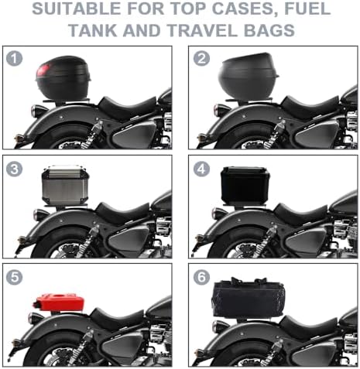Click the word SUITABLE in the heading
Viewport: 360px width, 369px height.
(77, 9)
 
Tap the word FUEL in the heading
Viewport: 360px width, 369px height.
(307, 9)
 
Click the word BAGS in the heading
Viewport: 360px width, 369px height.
(269, 30)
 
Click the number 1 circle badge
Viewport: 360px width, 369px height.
(14, 59)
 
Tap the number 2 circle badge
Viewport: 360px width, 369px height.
(201, 59)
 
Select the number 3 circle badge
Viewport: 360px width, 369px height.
(14, 169)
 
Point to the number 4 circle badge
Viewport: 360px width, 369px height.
(201, 169)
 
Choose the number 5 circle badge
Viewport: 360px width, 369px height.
(14, 277)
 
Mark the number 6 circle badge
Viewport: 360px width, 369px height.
(201, 277)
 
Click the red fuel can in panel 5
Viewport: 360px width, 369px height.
(59, 302)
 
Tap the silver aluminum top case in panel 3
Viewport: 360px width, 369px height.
(66, 184)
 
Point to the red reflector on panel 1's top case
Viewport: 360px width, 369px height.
(43, 70)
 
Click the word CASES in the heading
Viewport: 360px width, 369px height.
(245, 9)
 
